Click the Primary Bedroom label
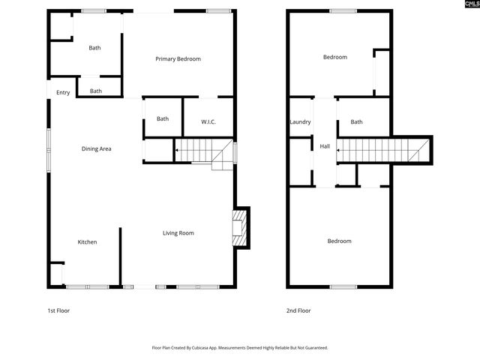pyautogui.click(x=178, y=59)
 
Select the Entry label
pyautogui.click(x=63, y=93)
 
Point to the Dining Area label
pyautogui.click(x=97, y=148)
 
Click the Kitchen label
pyautogui.click(x=88, y=242)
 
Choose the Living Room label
pyautogui.click(x=178, y=233)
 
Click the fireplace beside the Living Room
pyautogui.click(x=240, y=226)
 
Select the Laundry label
pyautogui.click(x=300, y=122)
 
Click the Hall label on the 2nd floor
pyautogui.click(x=325, y=146)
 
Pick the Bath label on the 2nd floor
pyautogui.click(x=357, y=122)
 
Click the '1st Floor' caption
pyautogui.click(x=58, y=310)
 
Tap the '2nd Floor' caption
pyautogui.click(x=298, y=310)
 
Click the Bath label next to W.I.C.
pyautogui.click(x=163, y=118)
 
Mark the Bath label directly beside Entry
pyautogui.click(x=96, y=91)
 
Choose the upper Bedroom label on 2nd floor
pyautogui.click(x=335, y=57)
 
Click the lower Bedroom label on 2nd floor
pyautogui.click(x=339, y=241)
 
